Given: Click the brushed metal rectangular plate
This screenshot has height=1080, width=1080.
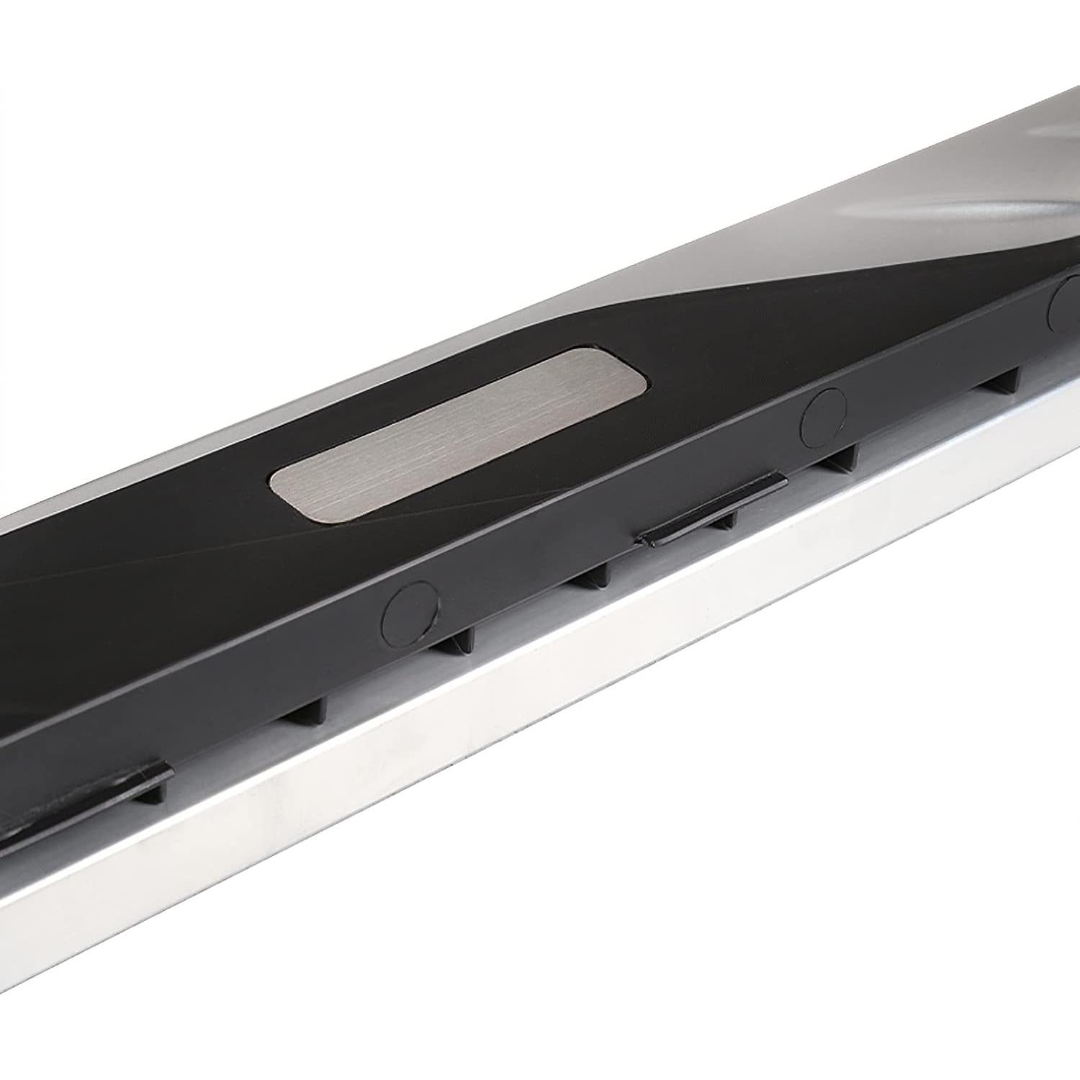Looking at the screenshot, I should point(458,433).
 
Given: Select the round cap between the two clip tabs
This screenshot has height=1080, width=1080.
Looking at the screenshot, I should point(410,608).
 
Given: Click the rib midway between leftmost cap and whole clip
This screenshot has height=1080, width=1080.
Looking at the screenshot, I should point(598,576).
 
